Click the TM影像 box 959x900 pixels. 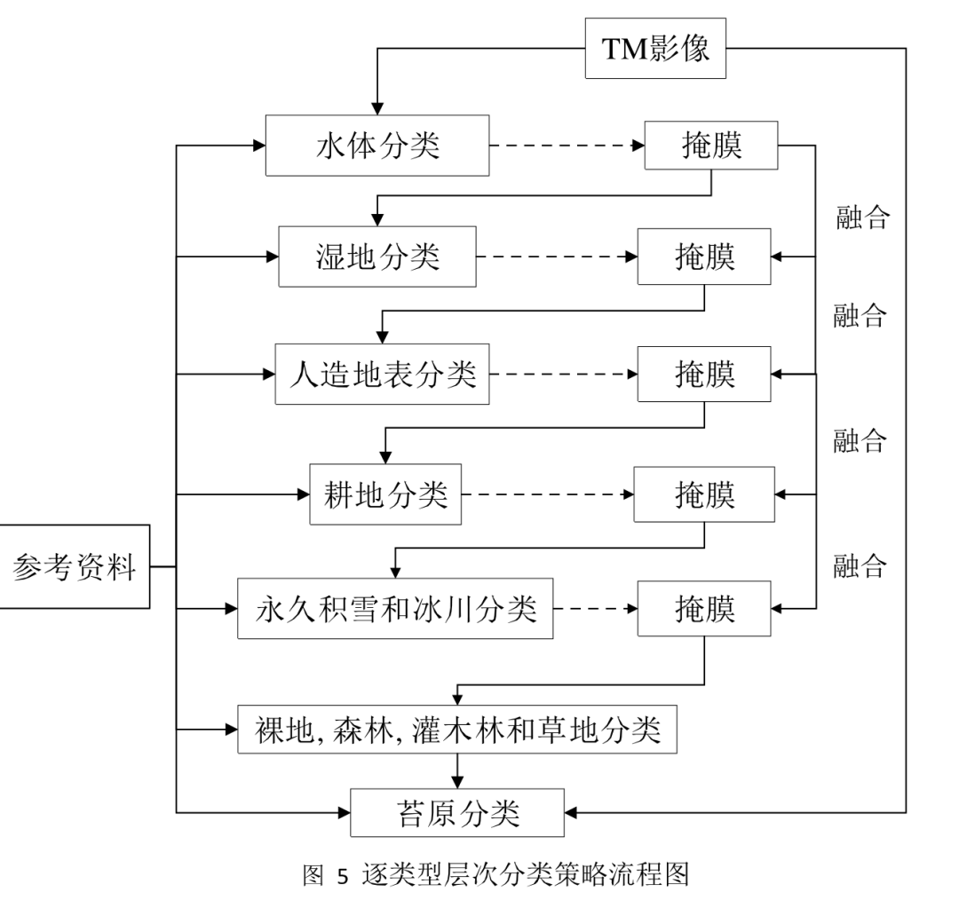tap(656, 48)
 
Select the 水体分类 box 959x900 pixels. tap(377, 145)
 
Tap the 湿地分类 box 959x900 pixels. tap(377, 257)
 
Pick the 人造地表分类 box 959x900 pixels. tap(382, 374)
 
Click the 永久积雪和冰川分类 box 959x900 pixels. tap(395, 609)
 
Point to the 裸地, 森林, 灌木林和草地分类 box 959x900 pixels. tap(457, 730)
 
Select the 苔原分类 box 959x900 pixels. tap(457, 811)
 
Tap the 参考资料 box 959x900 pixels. tap(75, 566)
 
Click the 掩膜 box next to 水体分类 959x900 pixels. tap(711, 145)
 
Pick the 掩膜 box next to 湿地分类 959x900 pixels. tap(704, 257)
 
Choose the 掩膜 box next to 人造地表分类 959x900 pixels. tap(704, 374)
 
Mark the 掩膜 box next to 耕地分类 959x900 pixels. tap(703, 493)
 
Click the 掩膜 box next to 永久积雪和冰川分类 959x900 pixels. tap(704, 609)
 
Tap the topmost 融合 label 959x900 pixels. tap(862, 216)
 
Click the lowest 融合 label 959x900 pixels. tap(860, 564)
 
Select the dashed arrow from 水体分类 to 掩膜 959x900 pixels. tap(567, 145)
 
